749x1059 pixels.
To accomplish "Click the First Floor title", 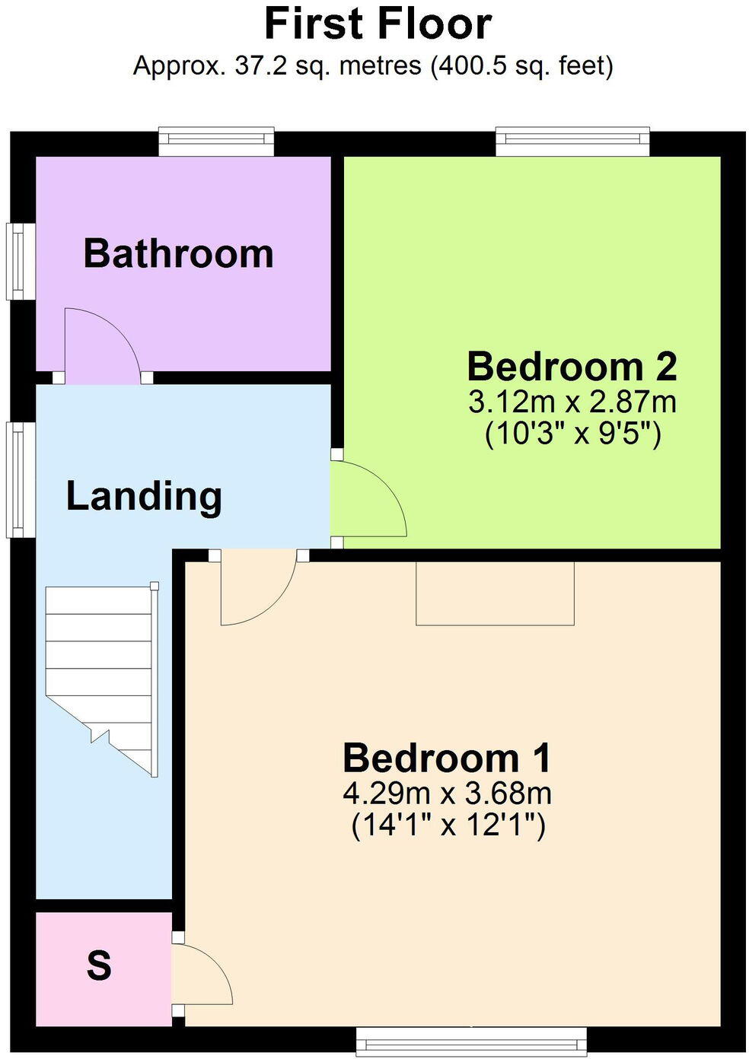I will [378, 24].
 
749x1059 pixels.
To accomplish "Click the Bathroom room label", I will [178, 253].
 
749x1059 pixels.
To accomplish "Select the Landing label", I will [144, 496].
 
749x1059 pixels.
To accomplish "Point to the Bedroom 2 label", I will [572, 367].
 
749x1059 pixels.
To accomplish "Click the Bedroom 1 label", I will [447, 758].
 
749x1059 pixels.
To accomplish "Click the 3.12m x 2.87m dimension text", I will [572, 402].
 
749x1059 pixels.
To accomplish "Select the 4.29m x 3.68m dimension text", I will [447, 793].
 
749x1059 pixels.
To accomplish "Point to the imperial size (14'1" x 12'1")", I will [448, 825].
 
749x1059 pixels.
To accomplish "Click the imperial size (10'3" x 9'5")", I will [572, 434].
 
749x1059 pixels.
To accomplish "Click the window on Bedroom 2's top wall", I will [572, 141].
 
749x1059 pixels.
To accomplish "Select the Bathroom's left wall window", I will [16, 260].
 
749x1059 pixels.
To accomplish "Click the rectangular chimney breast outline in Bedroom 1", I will [495, 593].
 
